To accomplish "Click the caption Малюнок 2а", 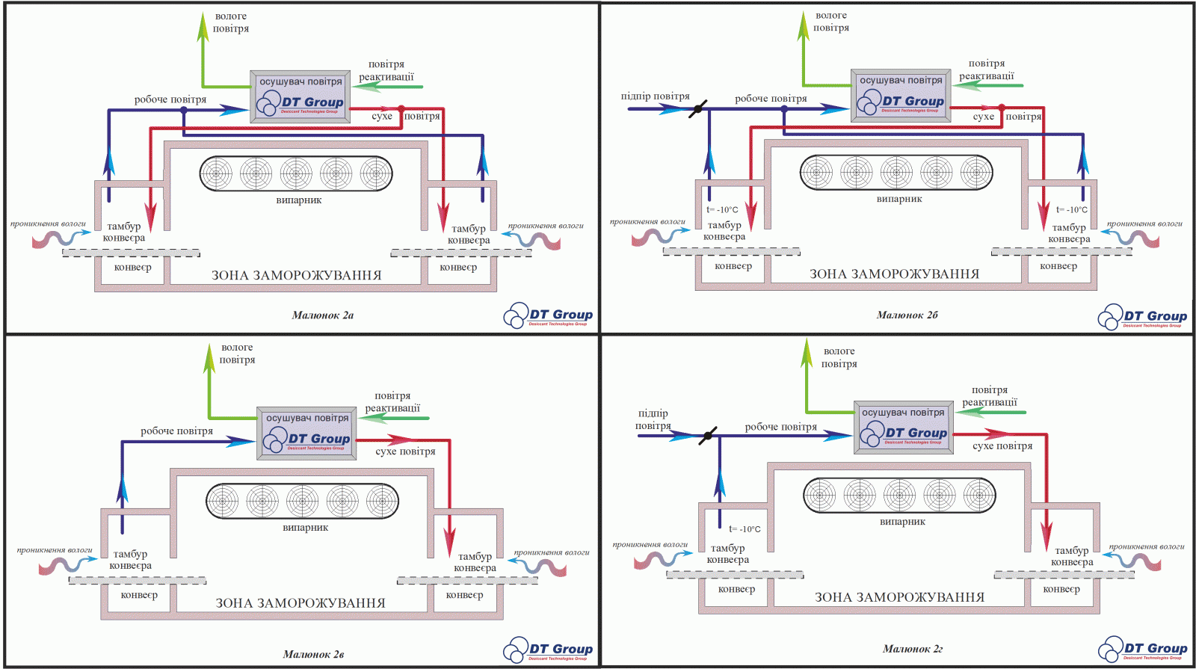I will coord(322,315).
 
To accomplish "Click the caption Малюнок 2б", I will coord(907,315).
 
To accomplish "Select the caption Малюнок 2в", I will coord(313,655).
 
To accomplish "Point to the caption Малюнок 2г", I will coord(912,649).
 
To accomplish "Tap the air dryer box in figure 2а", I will coord(300,95).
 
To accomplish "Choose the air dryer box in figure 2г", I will coord(904,427).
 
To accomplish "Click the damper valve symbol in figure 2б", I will coord(697,109).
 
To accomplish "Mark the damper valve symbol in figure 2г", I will coord(707,435).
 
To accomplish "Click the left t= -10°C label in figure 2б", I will coord(722,210).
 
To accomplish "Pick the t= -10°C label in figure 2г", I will coord(745,529).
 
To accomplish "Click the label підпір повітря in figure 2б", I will coord(655,96).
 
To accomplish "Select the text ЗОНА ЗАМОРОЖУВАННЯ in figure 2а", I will coord(296,275).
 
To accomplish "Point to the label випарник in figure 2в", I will coord(305,528).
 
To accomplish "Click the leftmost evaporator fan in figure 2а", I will coord(216,174).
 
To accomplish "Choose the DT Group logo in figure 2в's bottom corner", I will coord(548,650).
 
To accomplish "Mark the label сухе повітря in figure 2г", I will coord(1002,446).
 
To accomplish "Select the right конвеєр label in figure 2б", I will coord(1058,266).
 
